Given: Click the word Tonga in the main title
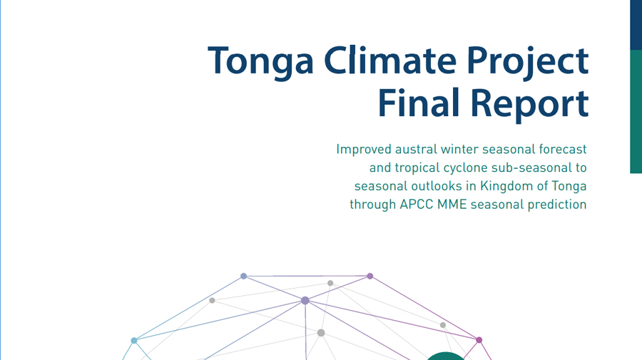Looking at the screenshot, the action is coord(261,61).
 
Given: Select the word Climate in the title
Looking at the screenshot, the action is coord(390,60).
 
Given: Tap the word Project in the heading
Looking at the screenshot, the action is coord(528,62).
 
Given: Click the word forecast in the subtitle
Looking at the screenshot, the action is coord(563,149).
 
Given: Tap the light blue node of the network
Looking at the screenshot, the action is coord(134,340).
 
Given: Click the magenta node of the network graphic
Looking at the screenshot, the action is coord(479,340).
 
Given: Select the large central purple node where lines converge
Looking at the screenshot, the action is coord(305,301).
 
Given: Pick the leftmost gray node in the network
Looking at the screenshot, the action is coord(212,300).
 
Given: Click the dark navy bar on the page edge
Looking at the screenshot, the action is coord(636,25).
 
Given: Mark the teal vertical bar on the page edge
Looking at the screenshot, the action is coord(636,112).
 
